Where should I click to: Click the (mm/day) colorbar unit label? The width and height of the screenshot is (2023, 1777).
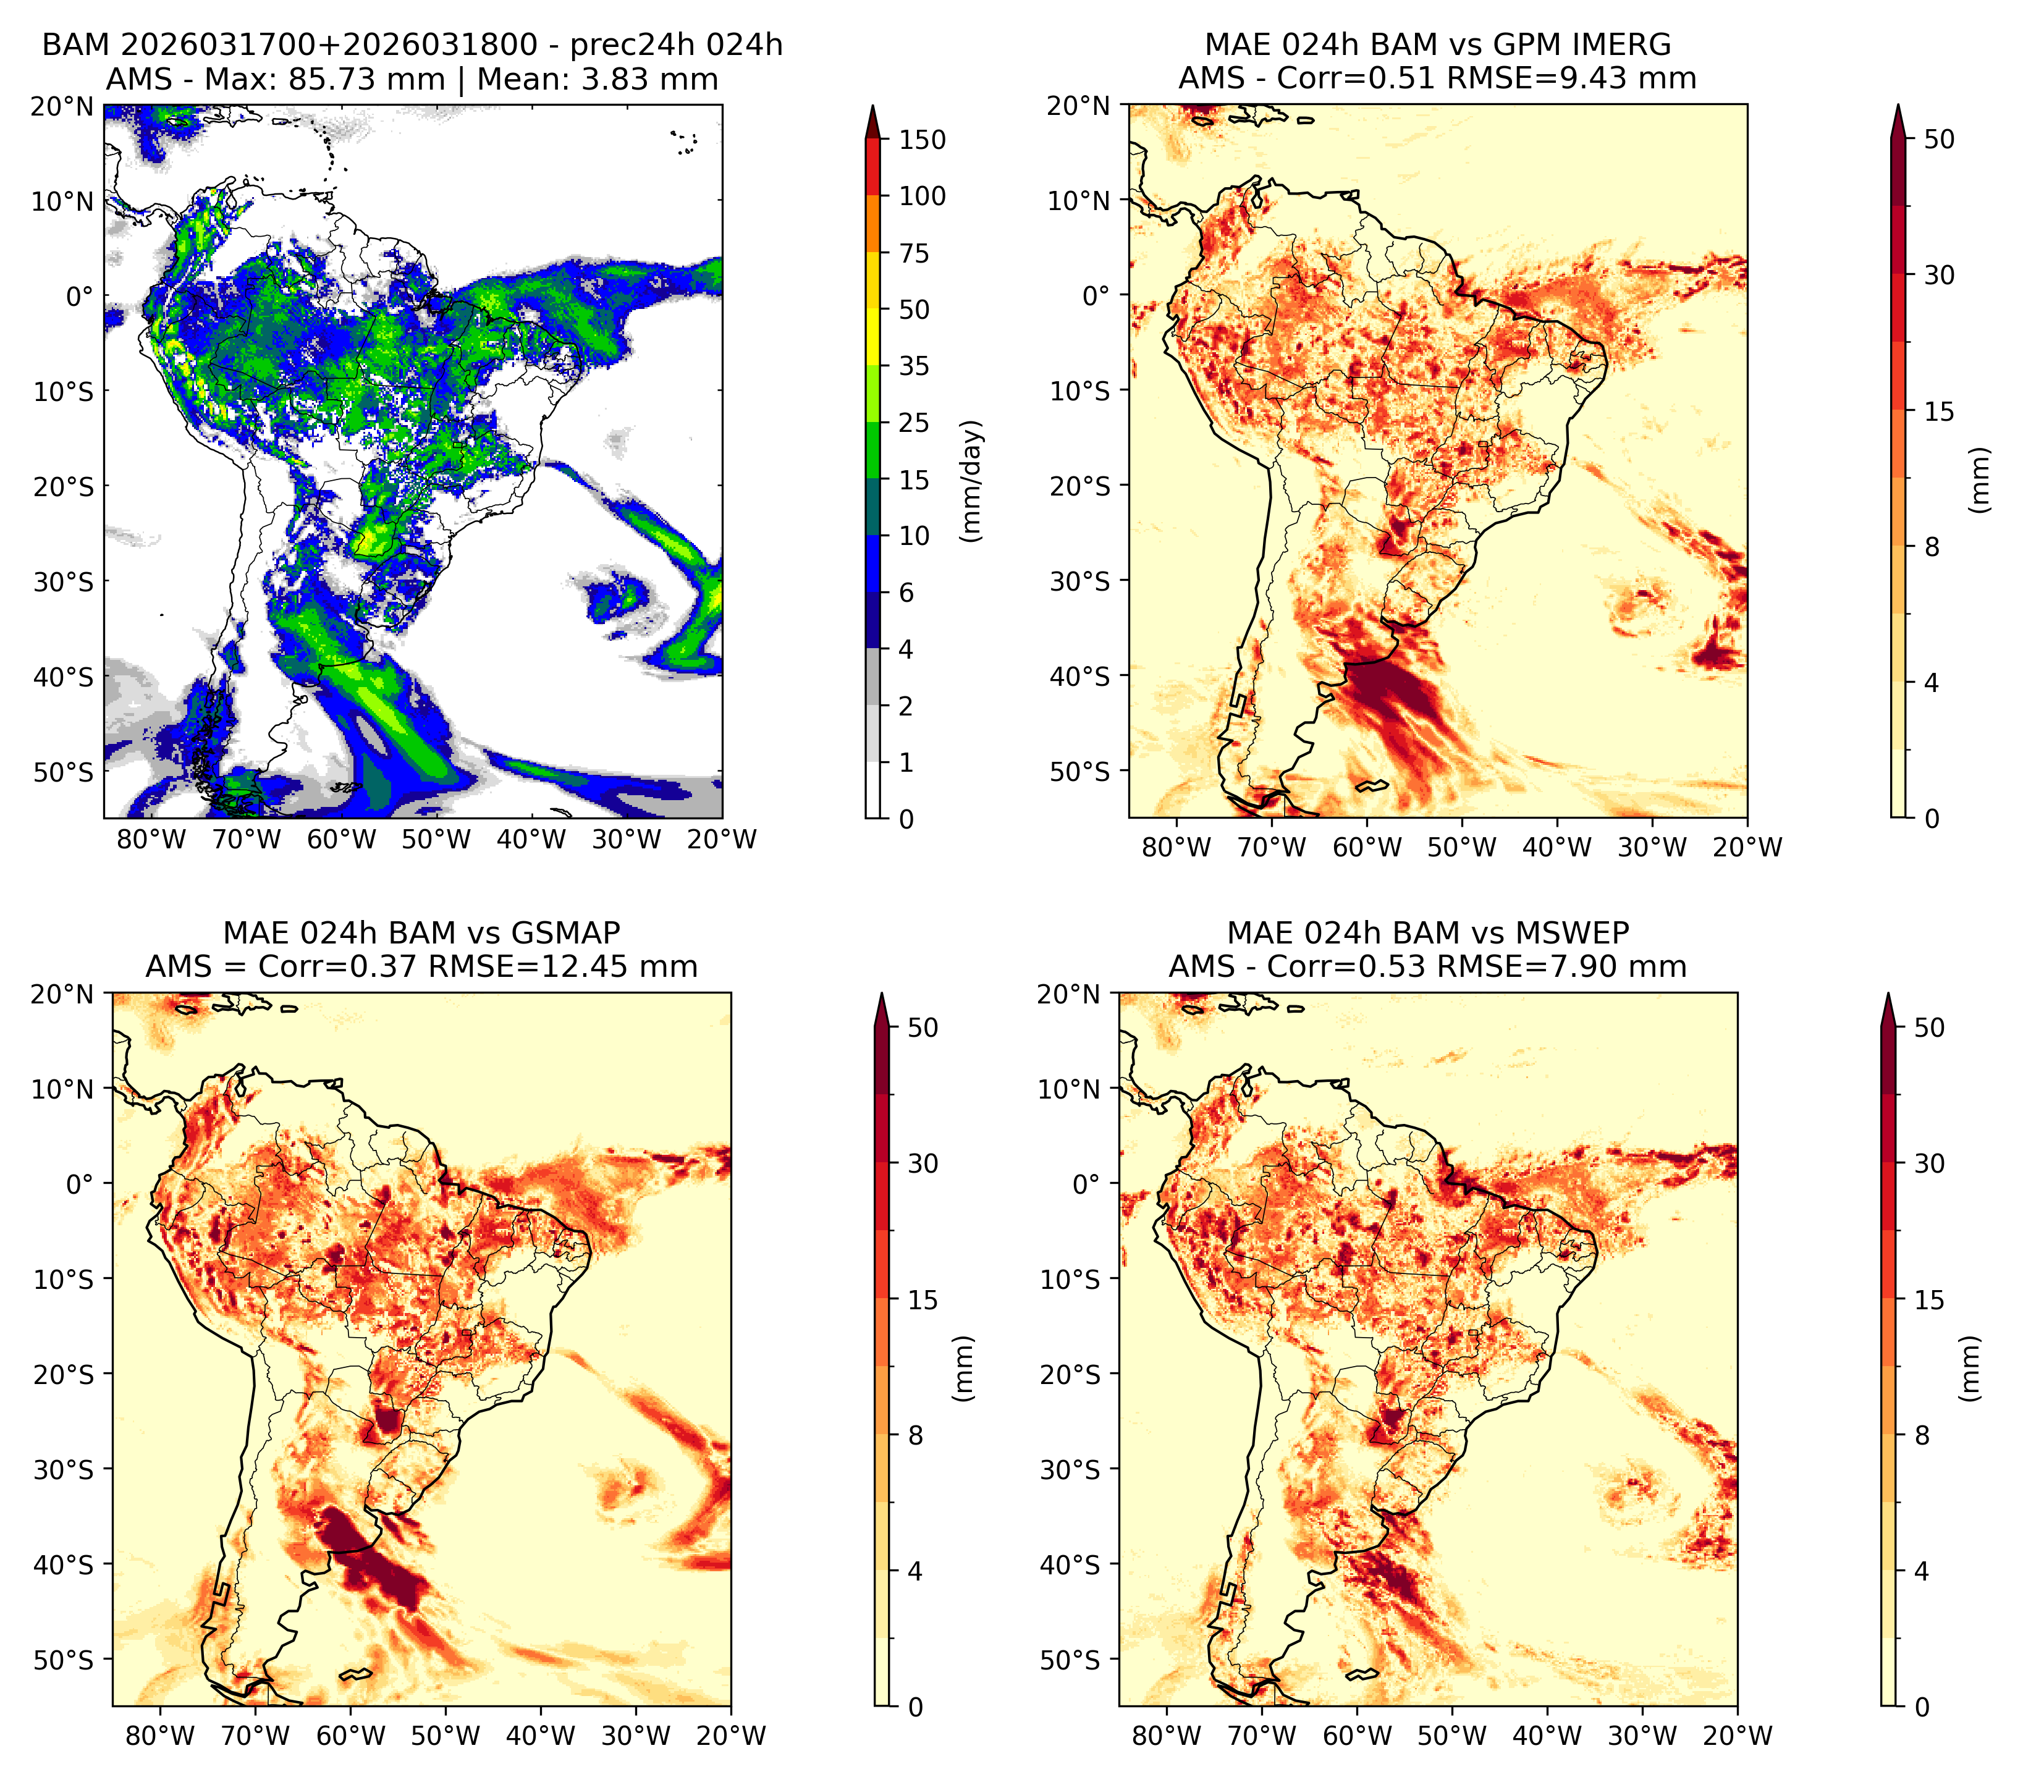973,481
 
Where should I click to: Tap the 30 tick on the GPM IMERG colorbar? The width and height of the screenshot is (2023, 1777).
1940,275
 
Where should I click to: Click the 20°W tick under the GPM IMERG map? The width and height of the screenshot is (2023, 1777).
1747,848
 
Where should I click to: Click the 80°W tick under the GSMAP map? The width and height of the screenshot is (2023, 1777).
160,1736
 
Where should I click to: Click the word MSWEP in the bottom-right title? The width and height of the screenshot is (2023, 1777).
1574,933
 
